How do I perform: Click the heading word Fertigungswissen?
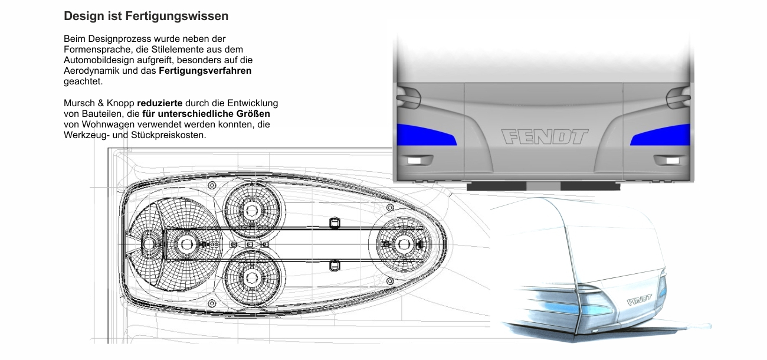pyautogui.click(x=176, y=16)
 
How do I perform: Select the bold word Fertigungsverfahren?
pyautogui.click(x=205, y=71)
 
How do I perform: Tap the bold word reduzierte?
pyautogui.click(x=159, y=103)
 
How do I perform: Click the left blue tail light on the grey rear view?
pyautogui.click(x=427, y=135)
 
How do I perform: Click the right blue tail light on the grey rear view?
pyautogui.click(x=660, y=135)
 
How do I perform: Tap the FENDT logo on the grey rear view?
pyautogui.click(x=545, y=137)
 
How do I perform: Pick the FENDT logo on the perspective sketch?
pyautogui.click(x=640, y=300)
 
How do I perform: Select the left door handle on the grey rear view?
pyautogui.click(x=408, y=98)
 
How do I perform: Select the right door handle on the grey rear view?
pyautogui.click(x=678, y=98)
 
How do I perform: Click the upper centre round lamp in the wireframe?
pyautogui.click(x=252, y=210)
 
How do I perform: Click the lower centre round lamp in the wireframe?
pyautogui.click(x=252, y=277)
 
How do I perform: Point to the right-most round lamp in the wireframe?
pyautogui.click(x=404, y=244)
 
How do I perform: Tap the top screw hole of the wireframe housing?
pyautogui.click(x=212, y=186)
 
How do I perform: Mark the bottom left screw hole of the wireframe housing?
pyautogui.click(x=212, y=303)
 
